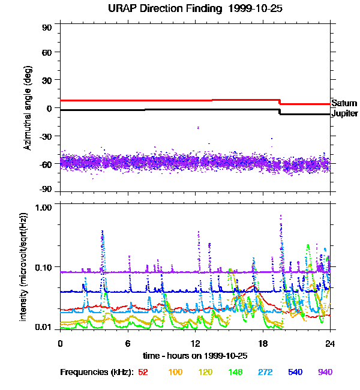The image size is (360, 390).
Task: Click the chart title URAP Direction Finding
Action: [x=190, y=8]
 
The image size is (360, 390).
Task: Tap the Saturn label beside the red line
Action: [x=344, y=104]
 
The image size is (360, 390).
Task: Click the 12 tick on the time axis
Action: [x=195, y=343]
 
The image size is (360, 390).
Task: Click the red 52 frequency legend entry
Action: [x=143, y=372]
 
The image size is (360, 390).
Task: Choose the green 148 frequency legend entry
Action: [x=236, y=372]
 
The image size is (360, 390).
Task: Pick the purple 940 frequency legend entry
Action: [x=325, y=372]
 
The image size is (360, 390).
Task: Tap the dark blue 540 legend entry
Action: [x=295, y=372]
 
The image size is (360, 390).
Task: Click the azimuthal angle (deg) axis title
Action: [x=28, y=108]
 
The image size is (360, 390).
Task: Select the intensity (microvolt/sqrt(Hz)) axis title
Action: [x=25, y=266]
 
